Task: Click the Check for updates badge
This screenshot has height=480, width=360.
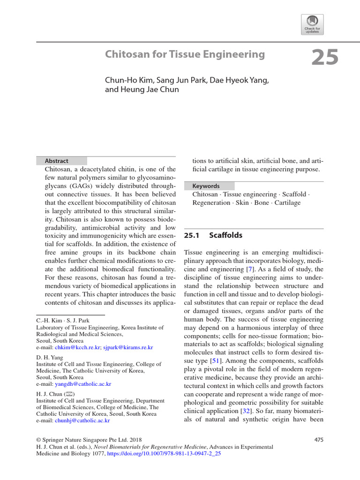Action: (x=312, y=23)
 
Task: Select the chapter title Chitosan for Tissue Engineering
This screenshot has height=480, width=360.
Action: (x=185, y=54)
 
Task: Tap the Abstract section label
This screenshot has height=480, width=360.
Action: (x=56, y=161)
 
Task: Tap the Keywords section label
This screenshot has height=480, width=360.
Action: (x=206, y=186)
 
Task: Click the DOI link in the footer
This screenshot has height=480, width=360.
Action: (x=171, y=454)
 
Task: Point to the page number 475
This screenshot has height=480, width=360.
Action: (x=317, y=440)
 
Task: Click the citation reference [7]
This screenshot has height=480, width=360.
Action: (x=250, y=269)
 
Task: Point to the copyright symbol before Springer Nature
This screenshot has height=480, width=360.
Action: (x=39, y=440)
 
